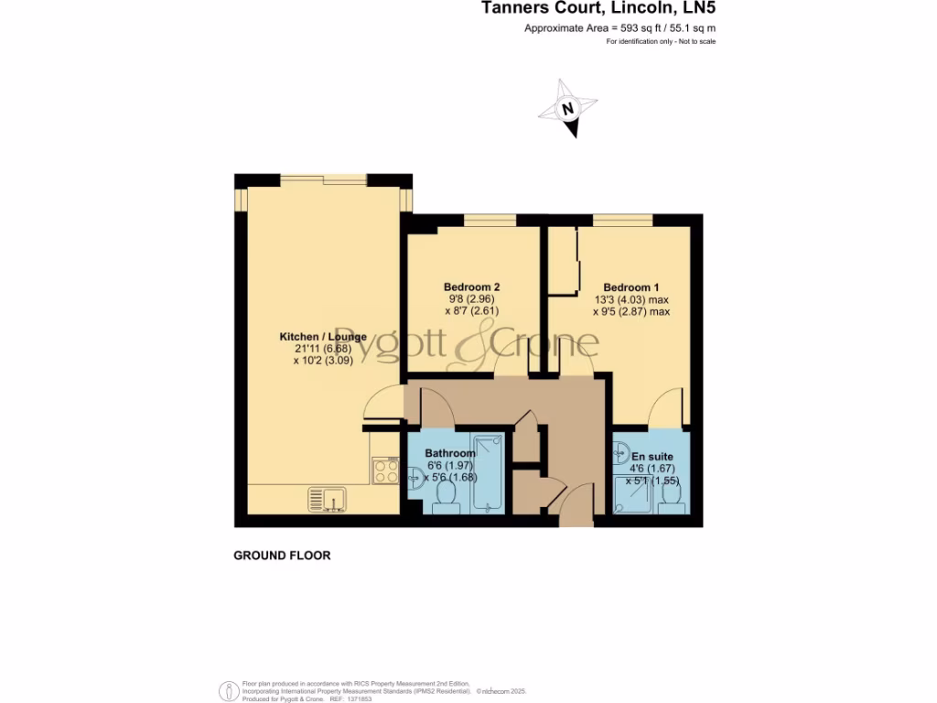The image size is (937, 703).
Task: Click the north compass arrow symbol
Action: [x=568, y=110]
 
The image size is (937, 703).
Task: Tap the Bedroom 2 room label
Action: [x=471, y=287]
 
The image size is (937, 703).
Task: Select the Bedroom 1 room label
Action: [x=631, y=287]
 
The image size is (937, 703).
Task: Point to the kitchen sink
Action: [x=327, y=499]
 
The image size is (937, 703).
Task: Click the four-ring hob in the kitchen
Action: [x=385, y=470]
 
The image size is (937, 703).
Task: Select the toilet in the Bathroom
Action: [x=447, y=493]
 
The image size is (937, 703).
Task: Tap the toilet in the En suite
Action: [x=674, y=495]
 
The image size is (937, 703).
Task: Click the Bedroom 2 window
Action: [x=490, y=220]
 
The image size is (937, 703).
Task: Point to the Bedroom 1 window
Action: [x=622, y=220]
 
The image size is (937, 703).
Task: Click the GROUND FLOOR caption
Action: [x=282, y=556]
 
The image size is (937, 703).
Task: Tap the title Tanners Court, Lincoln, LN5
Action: [x=598, y=9]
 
